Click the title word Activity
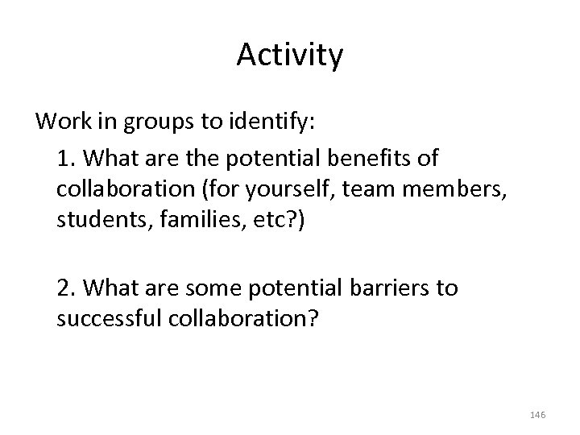point(290,56)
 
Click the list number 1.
point(64,158)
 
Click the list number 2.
point(64,288)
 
